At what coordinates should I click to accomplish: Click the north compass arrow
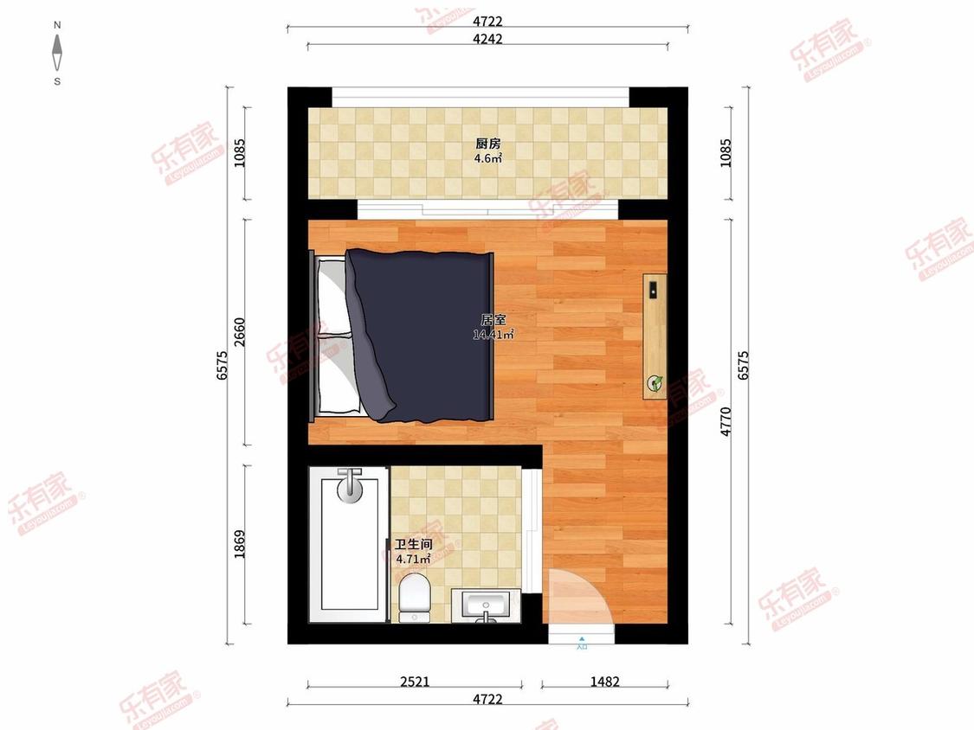[x=57, y=54]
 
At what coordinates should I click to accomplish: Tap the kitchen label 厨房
[x=487, y=144]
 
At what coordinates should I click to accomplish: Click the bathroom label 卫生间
[x=413, y=545]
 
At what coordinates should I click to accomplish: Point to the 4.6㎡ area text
[x=487, y=159]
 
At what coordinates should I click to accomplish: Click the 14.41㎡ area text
[x=493, y=335]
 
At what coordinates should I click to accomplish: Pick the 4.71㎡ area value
[x=413, y=560]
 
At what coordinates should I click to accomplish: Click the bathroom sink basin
[x=486, y=604]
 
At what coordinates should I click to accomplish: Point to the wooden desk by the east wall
[x=655, y=336]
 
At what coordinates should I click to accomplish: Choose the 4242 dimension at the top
[x=488, y=39]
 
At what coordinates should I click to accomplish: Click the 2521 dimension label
[x=415, y=682]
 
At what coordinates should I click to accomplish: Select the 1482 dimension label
[x=605, y=682]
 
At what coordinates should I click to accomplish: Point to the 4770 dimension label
[x=726, y=421]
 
